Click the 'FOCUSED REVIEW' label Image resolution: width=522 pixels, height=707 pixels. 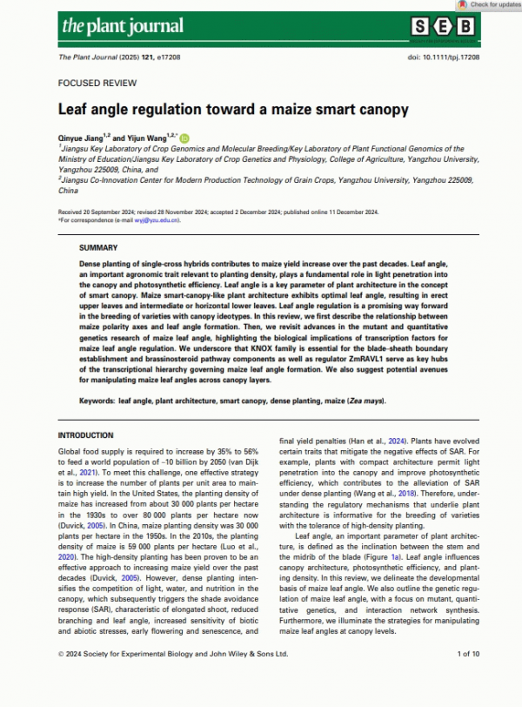coord(97,84)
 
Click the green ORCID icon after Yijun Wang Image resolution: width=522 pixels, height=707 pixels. coord(184,138)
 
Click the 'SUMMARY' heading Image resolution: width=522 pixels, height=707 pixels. coord(97,248)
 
